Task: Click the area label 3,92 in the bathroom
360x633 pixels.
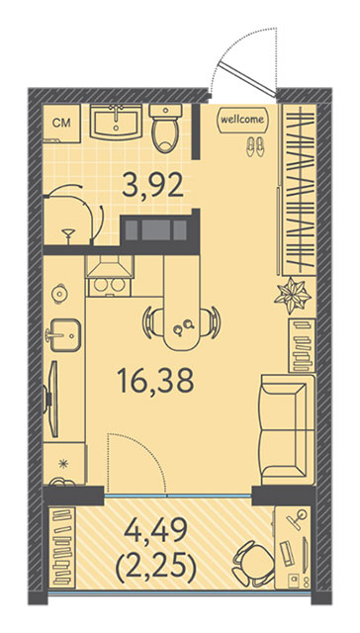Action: click(x=153, y=185)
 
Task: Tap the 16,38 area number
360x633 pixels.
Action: click(x=155, y=382)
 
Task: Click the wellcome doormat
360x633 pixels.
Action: click(x=242, y=120)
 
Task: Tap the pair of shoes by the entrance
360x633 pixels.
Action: click(x=255, y=146)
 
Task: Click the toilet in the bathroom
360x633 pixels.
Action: click(x=165, y=129)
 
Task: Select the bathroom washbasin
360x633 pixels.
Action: click(x=117, y=122)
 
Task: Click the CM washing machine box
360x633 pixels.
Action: click(x=61, y=124)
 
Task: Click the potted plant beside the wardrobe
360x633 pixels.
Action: click(x=293, y=297)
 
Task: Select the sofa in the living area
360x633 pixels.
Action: click(x=288, y=429)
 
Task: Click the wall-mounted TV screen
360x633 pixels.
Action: click(x=52, y=399)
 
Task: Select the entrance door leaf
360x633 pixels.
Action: click(x=247, y=79)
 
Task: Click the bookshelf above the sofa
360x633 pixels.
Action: click(x=302, y=345)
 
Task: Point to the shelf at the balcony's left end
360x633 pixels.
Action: click(x=62, y=547)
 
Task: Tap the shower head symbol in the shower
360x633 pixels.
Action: click(x=68, y=235)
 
